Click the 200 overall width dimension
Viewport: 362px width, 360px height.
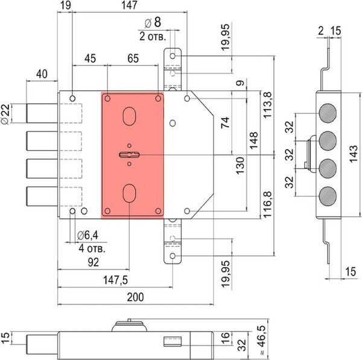tap(135, 297)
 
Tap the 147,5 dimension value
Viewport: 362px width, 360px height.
tap(115, 280)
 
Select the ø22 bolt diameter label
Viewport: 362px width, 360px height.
tap(5, 114)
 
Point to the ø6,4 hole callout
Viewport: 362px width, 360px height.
tap(87, 235)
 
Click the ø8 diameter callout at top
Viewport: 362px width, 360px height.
tap(153, 22)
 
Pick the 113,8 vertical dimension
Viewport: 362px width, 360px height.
tap(268, 105)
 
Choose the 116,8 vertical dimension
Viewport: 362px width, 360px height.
tap(268, 204)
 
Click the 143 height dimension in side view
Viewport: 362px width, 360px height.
tap(353, 154)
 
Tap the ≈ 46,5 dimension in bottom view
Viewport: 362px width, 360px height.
tap(262, 340)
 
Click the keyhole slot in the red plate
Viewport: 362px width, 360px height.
tap(130, 154)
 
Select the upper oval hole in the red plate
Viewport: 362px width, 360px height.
tap(129, 116)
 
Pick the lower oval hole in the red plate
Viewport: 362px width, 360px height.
tap(129, 193)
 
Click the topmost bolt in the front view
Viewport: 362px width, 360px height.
tap(42, 113)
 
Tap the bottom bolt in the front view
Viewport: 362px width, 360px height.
tap(42, 196)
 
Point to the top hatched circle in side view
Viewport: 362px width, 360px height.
tap(328, 113)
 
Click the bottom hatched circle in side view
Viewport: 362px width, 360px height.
tap(328, 196)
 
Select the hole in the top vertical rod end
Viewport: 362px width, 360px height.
tap(173, 56)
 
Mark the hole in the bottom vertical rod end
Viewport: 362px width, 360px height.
tap(173, 256)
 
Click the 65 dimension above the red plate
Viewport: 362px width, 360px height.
tap(133, 58)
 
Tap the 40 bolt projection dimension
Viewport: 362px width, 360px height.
tap(42, 74)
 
